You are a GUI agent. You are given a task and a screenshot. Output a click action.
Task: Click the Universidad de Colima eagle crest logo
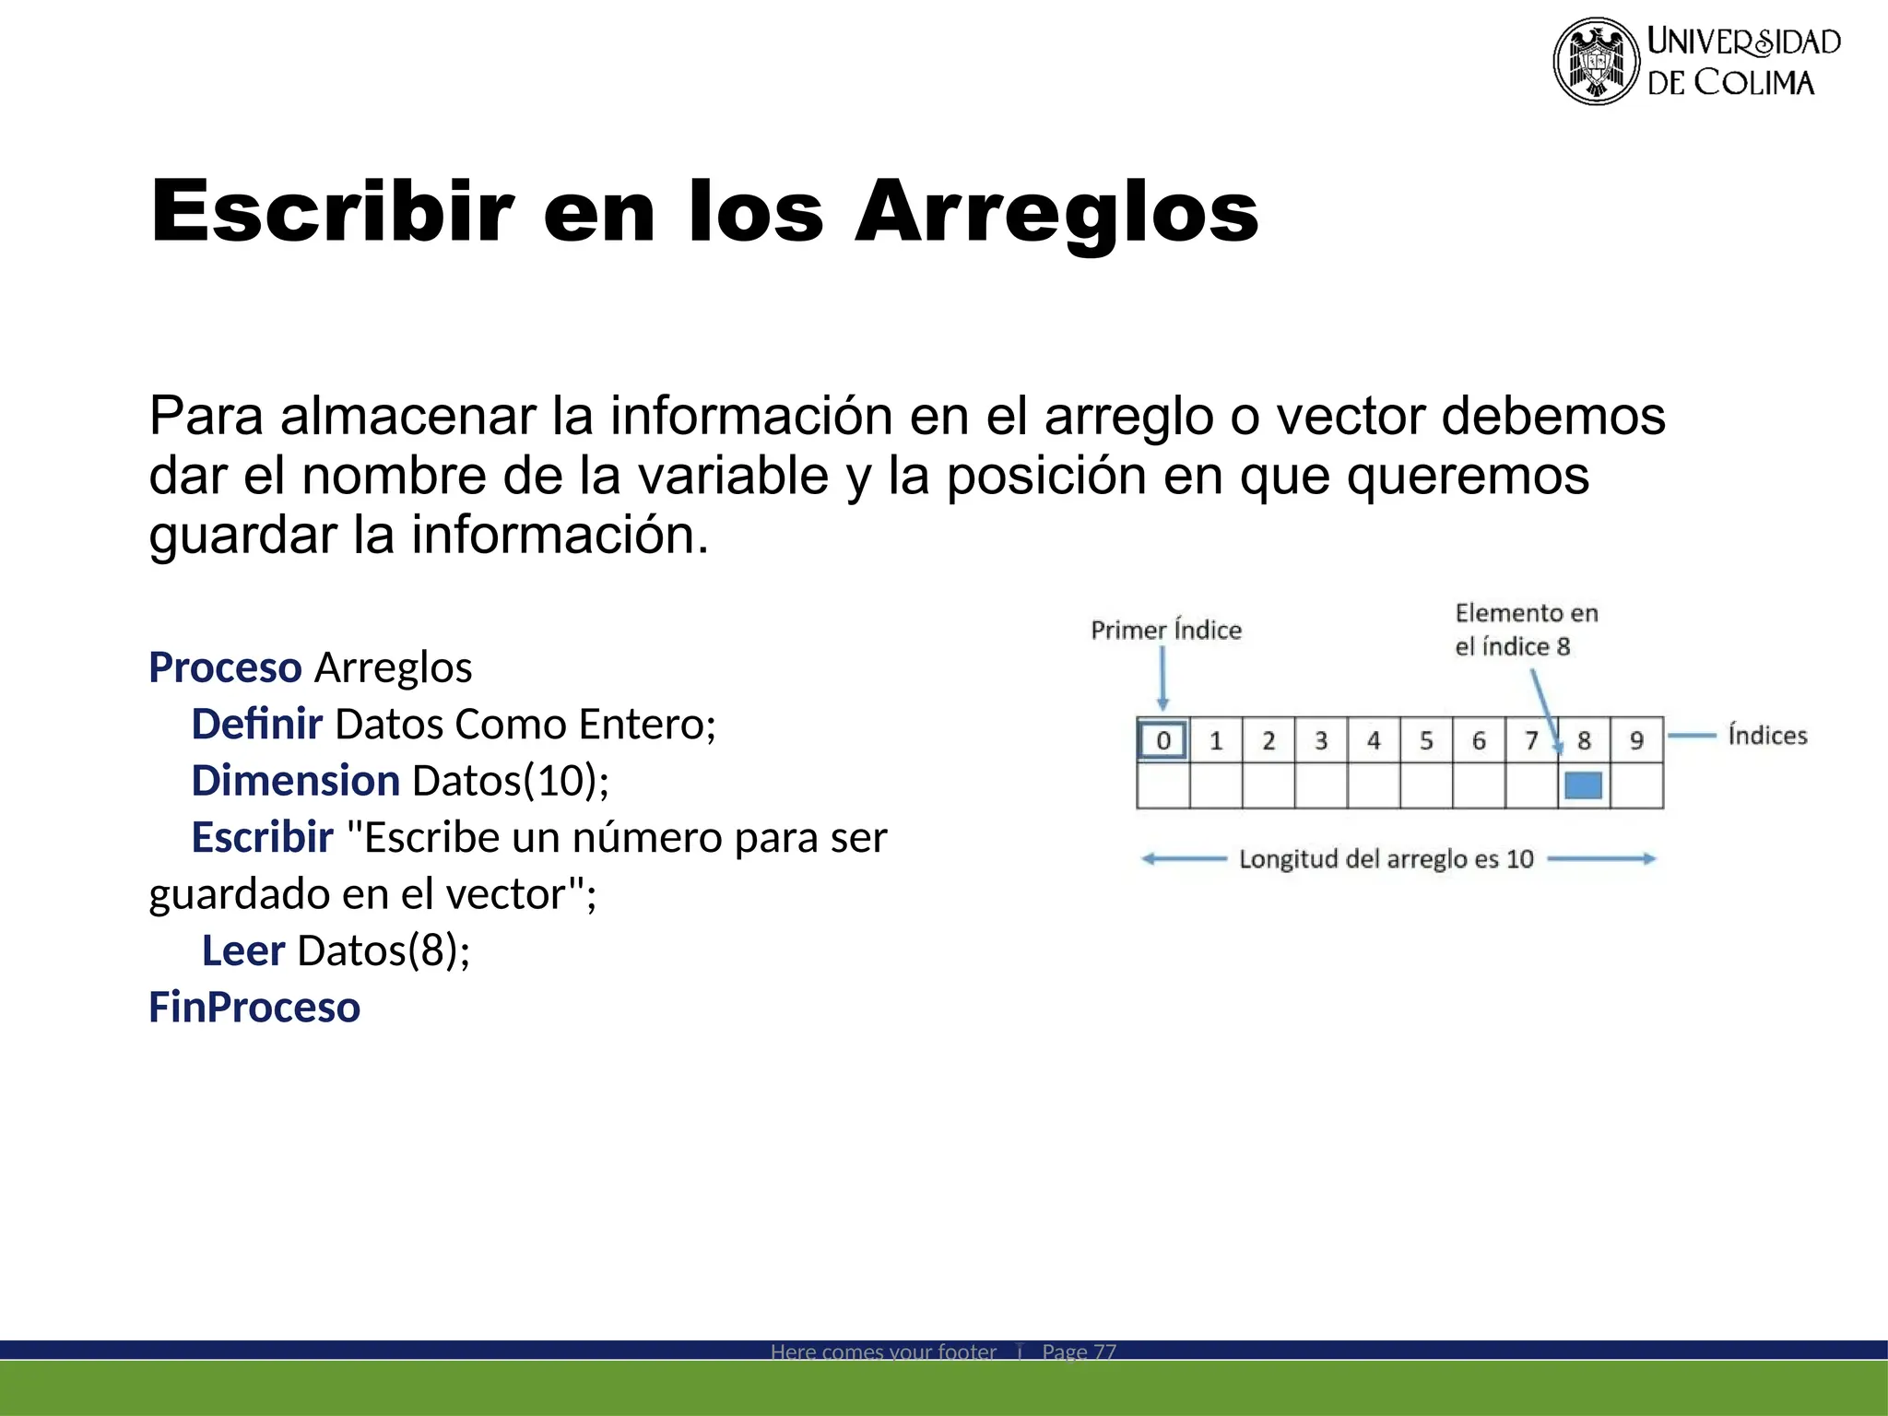coord(1596,61)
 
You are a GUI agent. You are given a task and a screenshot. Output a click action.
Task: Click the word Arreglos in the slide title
coord(1056,213)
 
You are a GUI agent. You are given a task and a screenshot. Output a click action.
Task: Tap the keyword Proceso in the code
coord(225,667)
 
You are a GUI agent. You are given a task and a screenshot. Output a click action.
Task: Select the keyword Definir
coord(256,725)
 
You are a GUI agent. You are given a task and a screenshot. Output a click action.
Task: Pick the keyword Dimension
coord(295,781)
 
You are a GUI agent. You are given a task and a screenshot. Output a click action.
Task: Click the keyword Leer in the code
coord(243,950)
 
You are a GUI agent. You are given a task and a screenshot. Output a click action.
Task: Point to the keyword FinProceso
coord(254,1007)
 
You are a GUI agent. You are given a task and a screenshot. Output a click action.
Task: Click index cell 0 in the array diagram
coord(1162,740)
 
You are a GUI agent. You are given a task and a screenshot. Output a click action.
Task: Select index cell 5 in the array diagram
coord(1426,740)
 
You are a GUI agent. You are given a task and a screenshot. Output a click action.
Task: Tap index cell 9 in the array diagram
coord(1636,740)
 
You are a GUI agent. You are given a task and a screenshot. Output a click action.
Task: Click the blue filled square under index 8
coord(1583,785)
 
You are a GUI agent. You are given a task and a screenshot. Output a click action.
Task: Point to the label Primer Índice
coord(1166,631)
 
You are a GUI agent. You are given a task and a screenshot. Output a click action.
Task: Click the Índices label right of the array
coord(1767,736)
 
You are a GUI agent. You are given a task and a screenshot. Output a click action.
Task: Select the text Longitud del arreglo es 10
coord(1386,859)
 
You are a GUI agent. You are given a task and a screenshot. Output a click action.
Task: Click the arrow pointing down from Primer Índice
coord(1162,678)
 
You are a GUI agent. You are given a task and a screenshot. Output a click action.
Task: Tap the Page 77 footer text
coord(1079,1351)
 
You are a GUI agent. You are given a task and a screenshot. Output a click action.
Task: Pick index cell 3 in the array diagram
coord(1321,740)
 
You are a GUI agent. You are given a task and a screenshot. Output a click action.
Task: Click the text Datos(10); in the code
coord(511,781)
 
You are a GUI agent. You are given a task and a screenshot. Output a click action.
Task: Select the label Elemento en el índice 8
coord(1526,630)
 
